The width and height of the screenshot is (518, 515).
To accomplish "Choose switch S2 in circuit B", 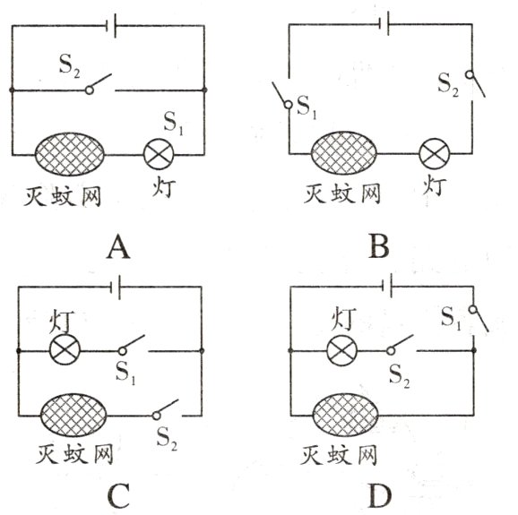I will coord(473,81).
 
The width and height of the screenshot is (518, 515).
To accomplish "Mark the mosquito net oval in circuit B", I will coord(345,153).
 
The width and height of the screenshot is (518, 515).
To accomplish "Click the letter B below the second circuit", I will coord(377,244).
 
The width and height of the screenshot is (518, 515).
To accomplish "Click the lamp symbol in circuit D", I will coord(340,350).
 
